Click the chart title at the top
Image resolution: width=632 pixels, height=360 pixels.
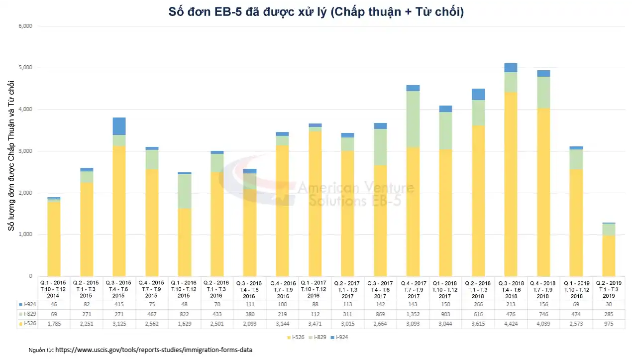(x=316, y=12)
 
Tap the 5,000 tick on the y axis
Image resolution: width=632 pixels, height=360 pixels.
(x=25, y=68)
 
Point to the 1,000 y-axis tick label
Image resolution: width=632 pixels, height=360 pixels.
(x=25, y=235)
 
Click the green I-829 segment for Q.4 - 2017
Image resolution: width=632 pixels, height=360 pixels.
(x=413, y=120)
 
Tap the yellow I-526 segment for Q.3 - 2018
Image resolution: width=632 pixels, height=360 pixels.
(x=511, y=184)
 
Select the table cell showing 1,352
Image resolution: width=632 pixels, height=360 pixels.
(x=413, y=314)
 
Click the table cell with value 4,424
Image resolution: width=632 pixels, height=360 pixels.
(x=511, y=324)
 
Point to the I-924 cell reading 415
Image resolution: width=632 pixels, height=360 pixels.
(x=118, y=304)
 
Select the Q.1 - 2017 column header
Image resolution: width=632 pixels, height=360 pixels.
(x=314, y=289)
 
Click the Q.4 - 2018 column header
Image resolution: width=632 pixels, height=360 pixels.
(x=543, y=289)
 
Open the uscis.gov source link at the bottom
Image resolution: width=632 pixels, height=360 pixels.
(x=154, y=350)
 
